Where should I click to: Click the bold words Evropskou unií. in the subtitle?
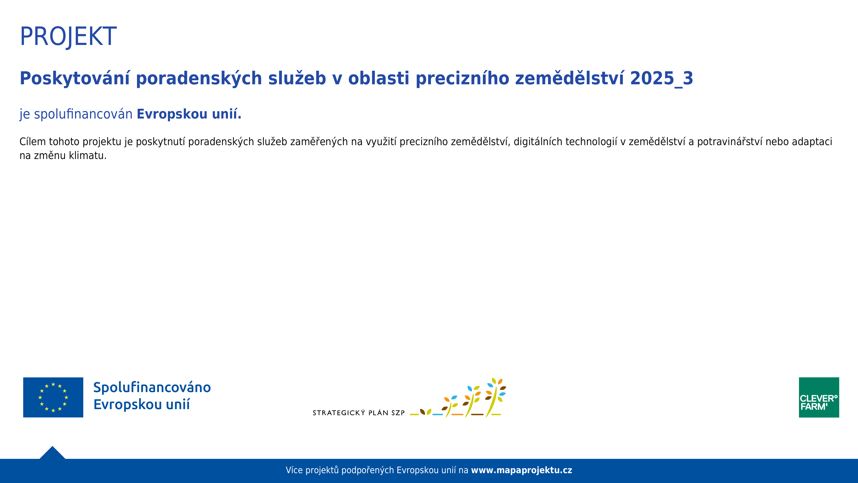(189, 114)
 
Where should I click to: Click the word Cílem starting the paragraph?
(32, 142)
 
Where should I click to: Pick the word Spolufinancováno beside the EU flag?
(152, 387)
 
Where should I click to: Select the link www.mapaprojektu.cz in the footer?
(521, 470)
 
